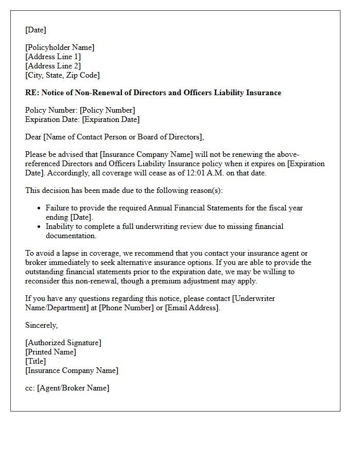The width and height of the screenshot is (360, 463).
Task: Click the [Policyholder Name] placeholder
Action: pyautogui.click(x=60, y=47)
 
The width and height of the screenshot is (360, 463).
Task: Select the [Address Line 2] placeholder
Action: pyautogui.click(x=53, y=66)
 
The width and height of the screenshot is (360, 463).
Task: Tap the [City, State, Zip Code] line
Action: pyautogui.click(x=62, y=75)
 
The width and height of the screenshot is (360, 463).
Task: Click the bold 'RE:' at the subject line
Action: pyautogui.click(x=32, y=93)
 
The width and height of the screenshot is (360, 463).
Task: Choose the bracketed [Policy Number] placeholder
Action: pyautogui.click(x=107, y=110)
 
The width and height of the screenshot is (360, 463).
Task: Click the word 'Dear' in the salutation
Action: pyautogui.click(x=33, y=137)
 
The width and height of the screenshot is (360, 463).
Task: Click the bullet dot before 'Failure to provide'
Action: pyautogui.click(x=40, y=208)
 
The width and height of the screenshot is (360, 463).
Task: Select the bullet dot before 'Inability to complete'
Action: pyautogui.click(x=40, y=227)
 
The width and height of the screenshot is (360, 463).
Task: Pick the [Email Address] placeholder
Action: pyautogui.click(x=192, y=308)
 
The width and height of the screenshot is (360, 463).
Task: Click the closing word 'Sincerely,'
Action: pyautogui.click(x=41, y=325)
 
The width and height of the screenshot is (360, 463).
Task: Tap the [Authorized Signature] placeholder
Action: pyautogui.click(x=63, y=343)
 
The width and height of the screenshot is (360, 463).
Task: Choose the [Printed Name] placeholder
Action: pyautogui.click(x=50, y=352)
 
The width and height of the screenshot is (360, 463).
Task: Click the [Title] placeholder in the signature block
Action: pyautogui.click(x=36, y=361)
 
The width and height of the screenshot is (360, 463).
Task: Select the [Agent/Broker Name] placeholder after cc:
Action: pyautogui.click(x=73, y=388)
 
